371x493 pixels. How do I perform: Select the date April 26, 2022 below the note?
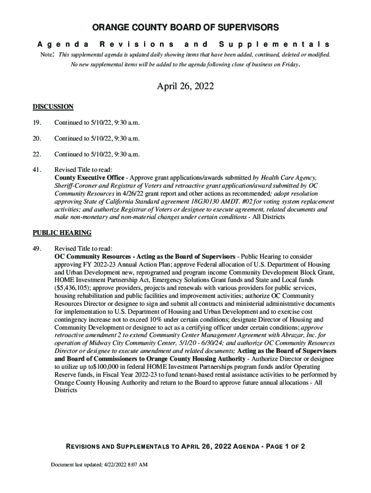click(x=185, y=87)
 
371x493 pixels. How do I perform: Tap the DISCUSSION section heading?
click(x=53, y=106)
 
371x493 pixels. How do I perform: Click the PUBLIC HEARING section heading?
click(x=62, y=233)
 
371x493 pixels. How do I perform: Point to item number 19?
click(x=37, y=123)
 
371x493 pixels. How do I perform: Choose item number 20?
click(x=37, y=139)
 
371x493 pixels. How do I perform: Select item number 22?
click(x=37, y=155)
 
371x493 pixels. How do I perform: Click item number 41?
click(x=37, y=170)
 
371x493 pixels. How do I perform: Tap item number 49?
click(x=37, y=248)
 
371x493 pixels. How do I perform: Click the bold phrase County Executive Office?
click(x=90, y=178)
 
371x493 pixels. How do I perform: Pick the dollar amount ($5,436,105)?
click(x=74, y=288)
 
